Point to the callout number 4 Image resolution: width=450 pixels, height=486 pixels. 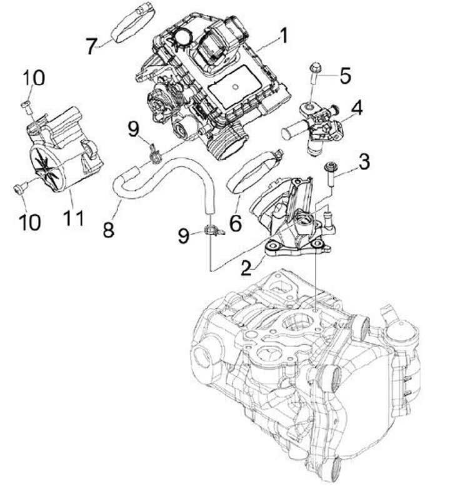(x=357, y=108)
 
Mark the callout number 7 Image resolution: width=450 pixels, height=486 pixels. (x=92, y=45)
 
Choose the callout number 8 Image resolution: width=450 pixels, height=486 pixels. (x=109, y=230)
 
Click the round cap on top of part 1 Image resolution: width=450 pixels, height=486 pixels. (x=183, y=37)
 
